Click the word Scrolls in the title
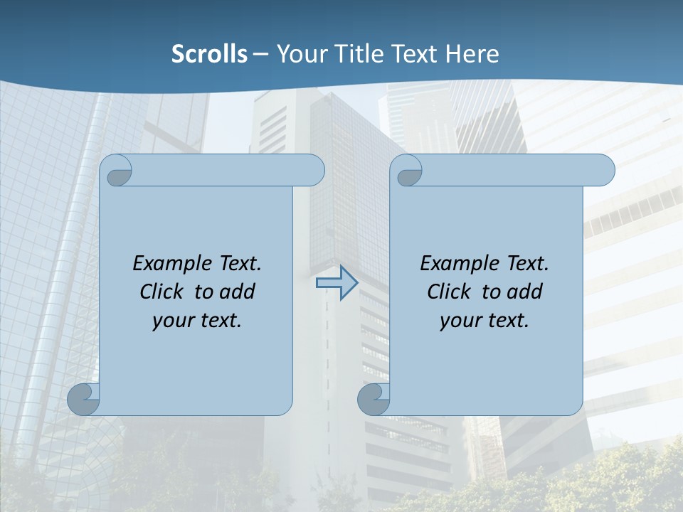tap(209, 54)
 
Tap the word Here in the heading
tap(472, 54)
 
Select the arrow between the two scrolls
tap(337, 283)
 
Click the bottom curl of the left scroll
tap(83, 399)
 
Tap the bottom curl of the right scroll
tap(373, 399)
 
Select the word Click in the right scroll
tap(450, 292)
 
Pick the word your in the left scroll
tap(171, 321)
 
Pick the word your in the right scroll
tap(459, 321)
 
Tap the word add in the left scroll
tap(238, 292)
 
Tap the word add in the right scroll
tap(526, 292)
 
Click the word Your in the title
tap(300, 54)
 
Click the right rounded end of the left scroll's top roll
tap(314, 171)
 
